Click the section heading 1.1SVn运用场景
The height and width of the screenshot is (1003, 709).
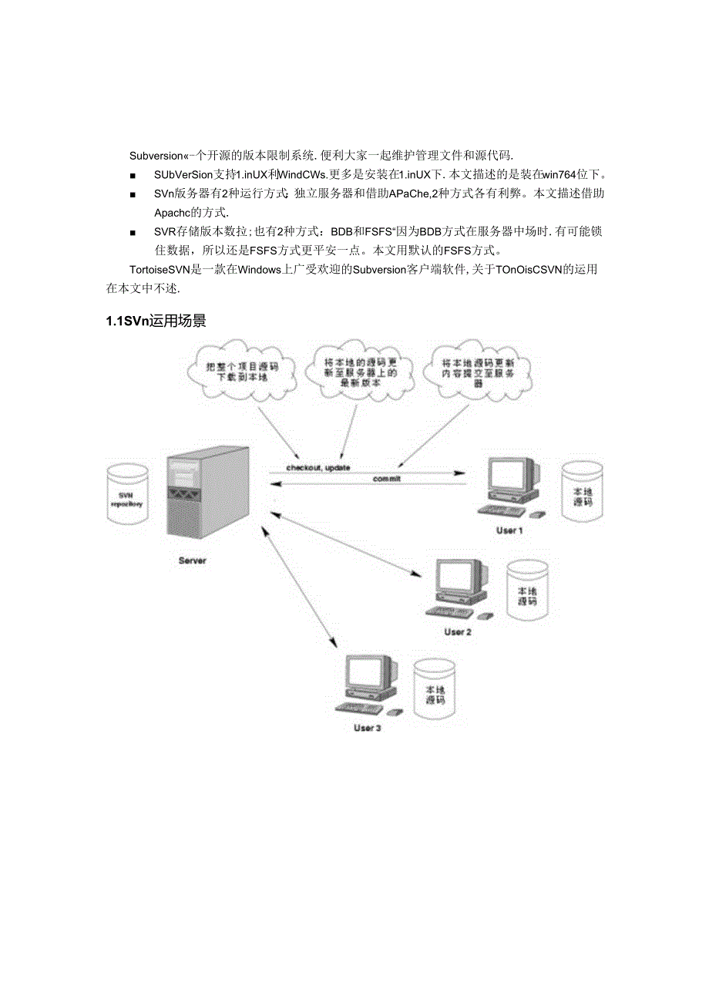click(156, 321)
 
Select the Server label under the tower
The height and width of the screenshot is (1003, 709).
click(192, 560)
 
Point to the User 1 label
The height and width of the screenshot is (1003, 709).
click(509, 530)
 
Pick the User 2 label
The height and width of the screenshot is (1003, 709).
click(457, 632)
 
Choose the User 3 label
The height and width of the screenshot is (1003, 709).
click(367, 729)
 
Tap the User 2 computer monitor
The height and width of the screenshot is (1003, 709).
click(457, 578)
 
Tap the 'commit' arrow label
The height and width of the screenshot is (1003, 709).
click(387, 480)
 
